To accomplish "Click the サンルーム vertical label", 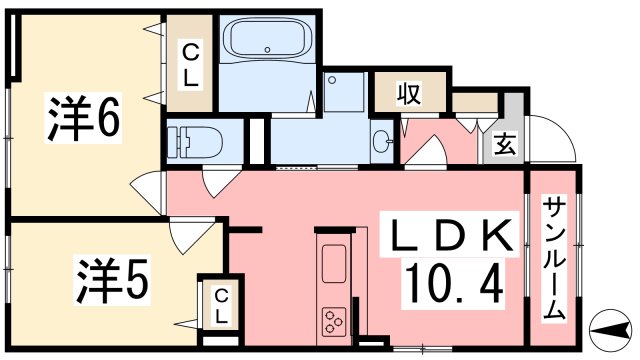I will pos(554,257).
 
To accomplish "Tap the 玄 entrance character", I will pos(504,144).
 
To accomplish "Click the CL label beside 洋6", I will pos(190,64).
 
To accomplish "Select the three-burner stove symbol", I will pos(334,322).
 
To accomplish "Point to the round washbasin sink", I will pos(383,142).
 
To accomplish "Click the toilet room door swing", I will pos(217,183).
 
